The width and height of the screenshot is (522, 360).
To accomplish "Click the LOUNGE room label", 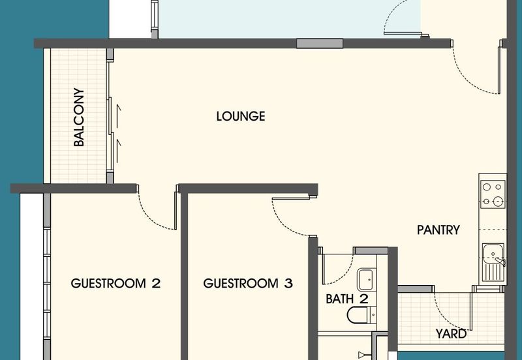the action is click(x=241, y=116).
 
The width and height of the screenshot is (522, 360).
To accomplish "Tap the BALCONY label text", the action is click(x=79, y=117).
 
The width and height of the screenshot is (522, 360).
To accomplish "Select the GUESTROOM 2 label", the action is click(x=115, y=284).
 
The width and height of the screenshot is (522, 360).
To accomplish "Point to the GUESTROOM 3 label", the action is click(x=248, y=284).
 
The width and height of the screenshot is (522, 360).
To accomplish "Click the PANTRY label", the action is click(x=438, y=230).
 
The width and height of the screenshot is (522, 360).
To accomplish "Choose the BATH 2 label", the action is click(x=347, y=299).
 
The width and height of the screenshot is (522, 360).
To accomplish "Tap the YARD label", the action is click(x=451, y=334).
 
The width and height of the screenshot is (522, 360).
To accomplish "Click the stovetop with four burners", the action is click(x=493, y=194).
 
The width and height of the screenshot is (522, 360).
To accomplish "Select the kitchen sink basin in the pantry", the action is click(x=493, y=252).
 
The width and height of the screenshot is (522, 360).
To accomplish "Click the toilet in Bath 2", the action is click(x=361, y=315).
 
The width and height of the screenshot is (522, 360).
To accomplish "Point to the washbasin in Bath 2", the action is click(x=365, y=280).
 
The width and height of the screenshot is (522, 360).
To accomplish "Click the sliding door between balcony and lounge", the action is click(x=110, y=117).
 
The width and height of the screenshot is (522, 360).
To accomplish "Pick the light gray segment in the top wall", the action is click(x=320, y=44).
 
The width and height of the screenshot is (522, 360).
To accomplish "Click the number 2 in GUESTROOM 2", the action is click(x=156, y=284).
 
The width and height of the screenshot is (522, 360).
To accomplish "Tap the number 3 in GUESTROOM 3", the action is click(x=288, y=284).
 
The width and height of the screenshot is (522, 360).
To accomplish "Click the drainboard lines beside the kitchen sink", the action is click(x=492, y=271).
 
